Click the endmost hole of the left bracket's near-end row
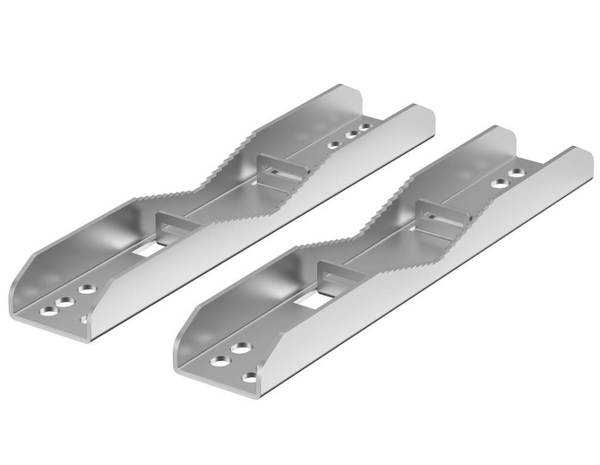click(x=47, y=311)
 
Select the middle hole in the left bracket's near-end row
click(x=66, y=302)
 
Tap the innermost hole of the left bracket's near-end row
click(x=87, y=289)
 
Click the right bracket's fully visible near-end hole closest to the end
click(x=219, y=361)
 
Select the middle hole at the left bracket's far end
click(x=351, y=136)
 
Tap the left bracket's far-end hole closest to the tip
click(x=364, y=129)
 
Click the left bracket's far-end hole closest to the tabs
click(x=334, y=144)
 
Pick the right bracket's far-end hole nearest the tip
click(x=517, y=173)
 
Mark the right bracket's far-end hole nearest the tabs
click(x=499, y=184)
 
